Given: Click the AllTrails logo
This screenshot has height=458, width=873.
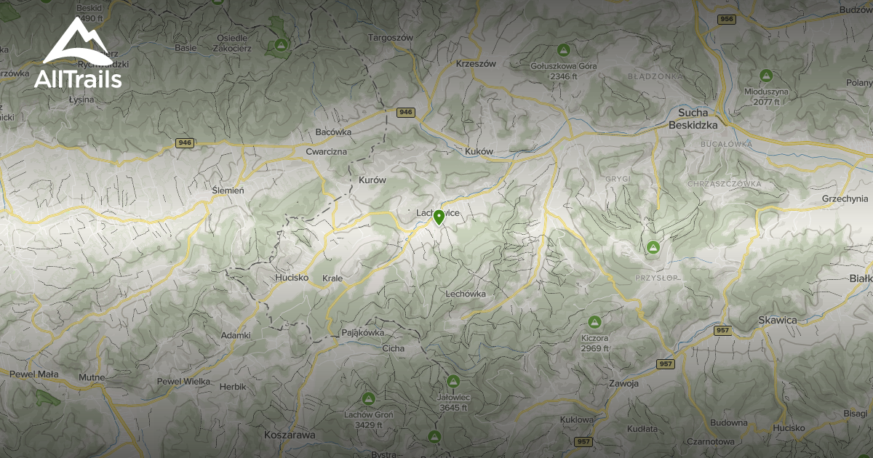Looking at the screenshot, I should (x=77, y=54).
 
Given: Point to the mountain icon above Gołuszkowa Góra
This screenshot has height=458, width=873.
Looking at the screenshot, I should (x=562, y=50).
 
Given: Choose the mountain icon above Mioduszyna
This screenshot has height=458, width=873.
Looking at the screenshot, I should (x=765, y=75).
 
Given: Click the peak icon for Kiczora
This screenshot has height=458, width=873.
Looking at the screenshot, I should (x=594, y=321).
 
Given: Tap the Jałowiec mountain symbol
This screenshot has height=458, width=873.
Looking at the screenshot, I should (x=453, y=381).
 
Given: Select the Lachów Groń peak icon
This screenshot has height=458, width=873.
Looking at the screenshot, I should (x=368, y=398).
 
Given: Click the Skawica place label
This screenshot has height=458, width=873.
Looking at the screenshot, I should (x=778, y=320).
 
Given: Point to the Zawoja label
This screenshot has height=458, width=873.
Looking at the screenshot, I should (x=625, y=383).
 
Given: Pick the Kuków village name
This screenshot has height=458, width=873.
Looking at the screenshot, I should (x=479, y=151).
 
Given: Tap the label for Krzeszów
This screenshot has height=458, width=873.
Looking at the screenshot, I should (x=476, y=63).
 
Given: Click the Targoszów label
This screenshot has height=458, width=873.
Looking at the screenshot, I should (x=391, y=37).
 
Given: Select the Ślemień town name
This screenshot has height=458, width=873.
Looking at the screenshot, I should (x=228, y=190).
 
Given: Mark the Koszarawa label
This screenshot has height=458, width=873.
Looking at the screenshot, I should (x=290, y=434).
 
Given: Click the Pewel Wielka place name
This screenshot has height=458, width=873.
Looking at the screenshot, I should (x=183, y=381).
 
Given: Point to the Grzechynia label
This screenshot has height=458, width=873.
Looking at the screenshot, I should (x=845, y=198).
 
